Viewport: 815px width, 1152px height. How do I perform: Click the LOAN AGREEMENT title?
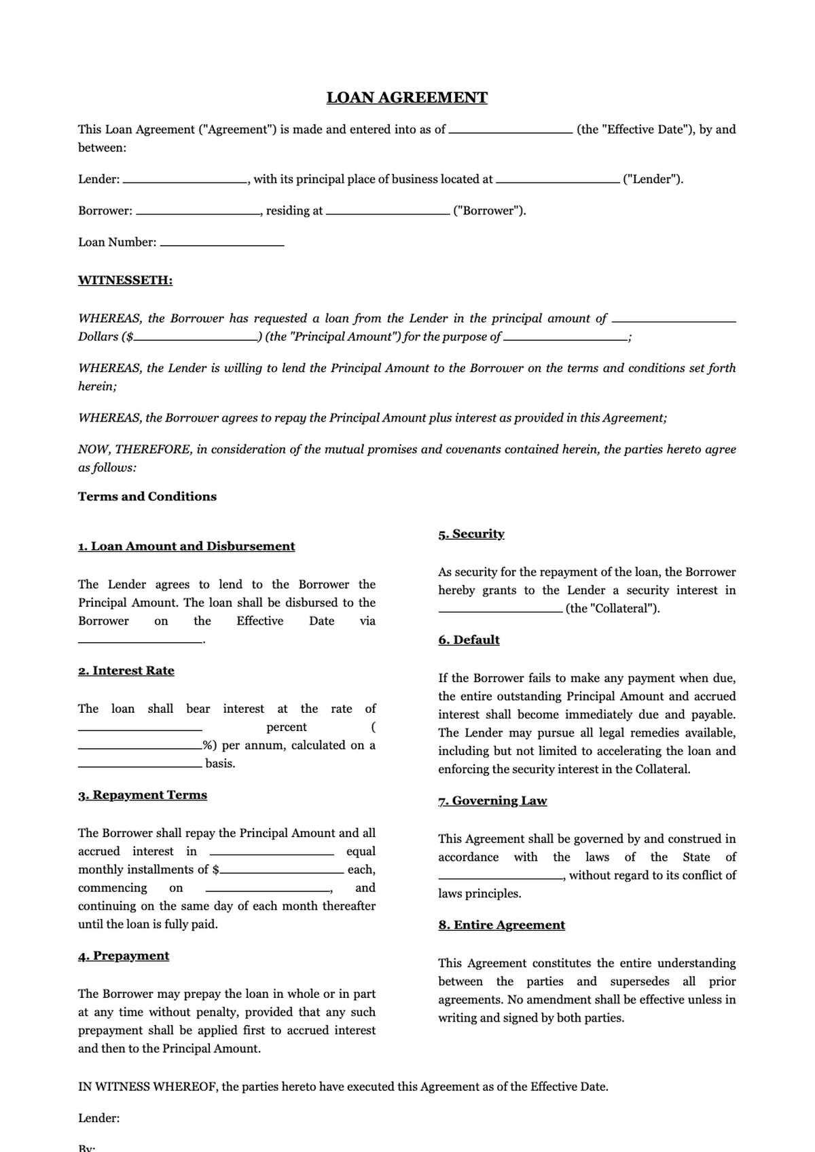click(407, 98)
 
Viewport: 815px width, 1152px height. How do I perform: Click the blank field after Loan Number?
click(222, 243)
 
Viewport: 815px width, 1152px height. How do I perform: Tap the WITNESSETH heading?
click(125, 280)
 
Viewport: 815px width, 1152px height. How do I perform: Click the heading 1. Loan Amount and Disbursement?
click(186, 546)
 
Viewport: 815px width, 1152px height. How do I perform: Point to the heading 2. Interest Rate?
click(126, 671)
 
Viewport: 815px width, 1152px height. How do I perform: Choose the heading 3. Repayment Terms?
click(142, 795)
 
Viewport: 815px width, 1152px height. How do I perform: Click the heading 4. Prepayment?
click(123, 956)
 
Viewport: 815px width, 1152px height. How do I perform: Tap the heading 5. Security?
click(471, 534)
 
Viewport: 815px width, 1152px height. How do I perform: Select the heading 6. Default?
click(469, 640)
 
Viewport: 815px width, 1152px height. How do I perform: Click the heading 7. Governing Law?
click(492, 801)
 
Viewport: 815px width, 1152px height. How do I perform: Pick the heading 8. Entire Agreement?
click(501, 925)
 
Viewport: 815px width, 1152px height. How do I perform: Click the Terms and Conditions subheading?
click(147, 496)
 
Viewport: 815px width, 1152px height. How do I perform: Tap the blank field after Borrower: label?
click(198, 212)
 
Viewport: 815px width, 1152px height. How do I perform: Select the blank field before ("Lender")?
click(558, 181)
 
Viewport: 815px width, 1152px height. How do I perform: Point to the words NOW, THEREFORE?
click(135, 449)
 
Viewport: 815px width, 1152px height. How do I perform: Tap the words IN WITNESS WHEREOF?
click(147, 1087)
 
